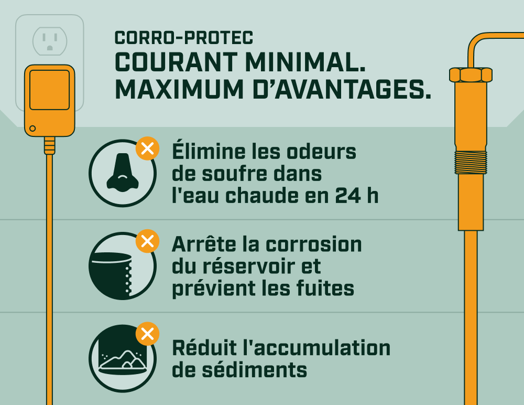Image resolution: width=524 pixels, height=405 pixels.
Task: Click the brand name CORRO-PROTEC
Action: (x=184, y=38)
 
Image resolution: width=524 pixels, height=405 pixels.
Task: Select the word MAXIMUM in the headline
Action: (x=179, y=89)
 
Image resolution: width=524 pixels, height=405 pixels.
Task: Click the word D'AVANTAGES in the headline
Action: (x=342, y=89)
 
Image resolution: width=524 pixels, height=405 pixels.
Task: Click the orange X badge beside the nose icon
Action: (x=147, y=148)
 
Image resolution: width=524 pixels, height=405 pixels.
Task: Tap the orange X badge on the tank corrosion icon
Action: (x=147, y=241)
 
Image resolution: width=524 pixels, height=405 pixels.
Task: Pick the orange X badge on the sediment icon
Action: (x=147, y=334)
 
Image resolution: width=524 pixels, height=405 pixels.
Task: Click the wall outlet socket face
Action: (x=50, y=41)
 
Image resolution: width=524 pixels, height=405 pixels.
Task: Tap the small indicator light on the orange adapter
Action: (x=32, y=129)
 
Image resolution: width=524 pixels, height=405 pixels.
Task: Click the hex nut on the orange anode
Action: (x=471, y=74)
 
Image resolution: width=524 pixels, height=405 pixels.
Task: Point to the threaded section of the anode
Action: (x=471, y=163)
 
